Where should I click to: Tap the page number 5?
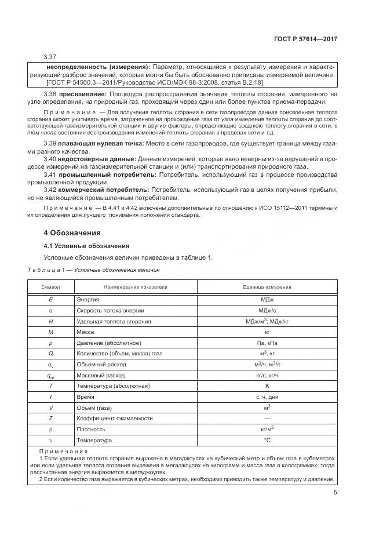coord(335,493)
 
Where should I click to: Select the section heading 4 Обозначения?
coord(75,233)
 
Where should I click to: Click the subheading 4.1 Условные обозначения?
coord(86,246)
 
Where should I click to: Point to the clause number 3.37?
coord(50,57)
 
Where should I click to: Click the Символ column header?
coord(50,287)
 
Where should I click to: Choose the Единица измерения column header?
coord(267,287)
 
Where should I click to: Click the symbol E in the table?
coord(50,299)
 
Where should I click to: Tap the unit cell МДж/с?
coord(267,310)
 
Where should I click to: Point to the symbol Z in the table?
coord(50,419)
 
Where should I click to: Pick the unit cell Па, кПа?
coord(267,343)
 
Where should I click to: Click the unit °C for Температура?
coord(267,441)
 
